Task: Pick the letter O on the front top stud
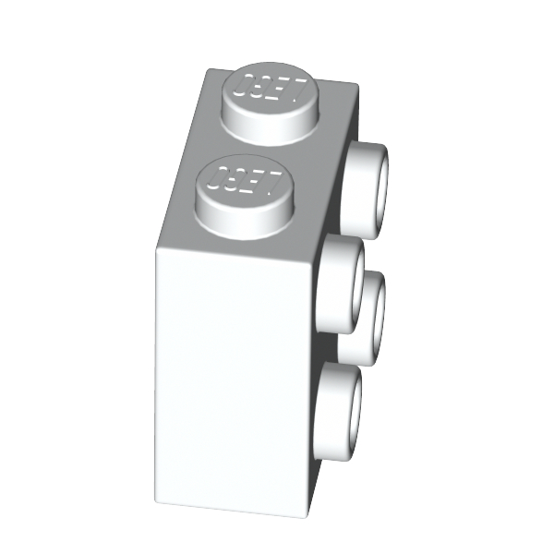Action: pos(216,177)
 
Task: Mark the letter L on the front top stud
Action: pos(272,184)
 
